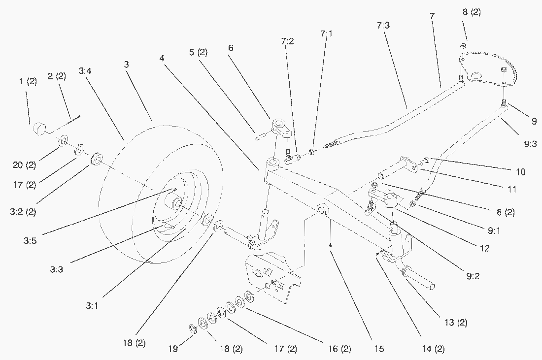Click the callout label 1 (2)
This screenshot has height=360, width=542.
tap(28, 82)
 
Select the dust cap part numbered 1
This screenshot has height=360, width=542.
tap(38, 130)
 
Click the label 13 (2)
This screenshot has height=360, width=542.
tap(456, 323)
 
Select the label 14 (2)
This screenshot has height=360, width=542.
tap(434, 349)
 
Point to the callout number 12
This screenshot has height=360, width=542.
tap(484, 248)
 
